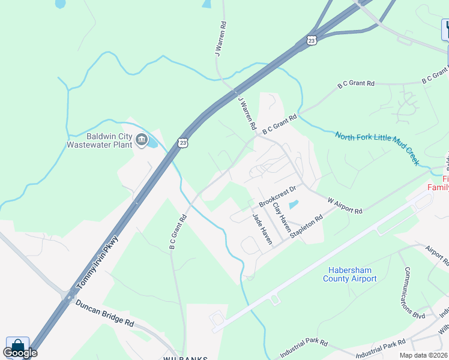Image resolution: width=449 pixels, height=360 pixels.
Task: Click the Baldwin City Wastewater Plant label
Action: (99, 140)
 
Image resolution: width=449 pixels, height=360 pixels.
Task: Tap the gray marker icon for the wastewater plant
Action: (141, 140)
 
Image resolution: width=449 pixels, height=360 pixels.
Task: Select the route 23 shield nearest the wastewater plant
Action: (182, 142)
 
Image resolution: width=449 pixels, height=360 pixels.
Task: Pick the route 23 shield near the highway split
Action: (310, 40)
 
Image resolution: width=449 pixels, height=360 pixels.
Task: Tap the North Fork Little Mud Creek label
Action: (377, 149)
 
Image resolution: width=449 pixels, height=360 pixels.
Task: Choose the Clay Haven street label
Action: (282, 217)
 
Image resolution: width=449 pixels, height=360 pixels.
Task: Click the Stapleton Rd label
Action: (306, 227)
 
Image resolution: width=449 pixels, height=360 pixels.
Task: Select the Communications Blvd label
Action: (414, 292)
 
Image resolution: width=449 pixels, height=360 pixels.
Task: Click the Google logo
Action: (20, 353)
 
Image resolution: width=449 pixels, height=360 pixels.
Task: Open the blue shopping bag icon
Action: (17, 346)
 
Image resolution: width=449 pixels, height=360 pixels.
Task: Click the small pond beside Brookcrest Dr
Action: (293, 204)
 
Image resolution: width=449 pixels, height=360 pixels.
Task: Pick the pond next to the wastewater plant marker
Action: (152, 142)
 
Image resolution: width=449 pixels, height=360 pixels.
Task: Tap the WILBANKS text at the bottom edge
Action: (185, 358)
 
